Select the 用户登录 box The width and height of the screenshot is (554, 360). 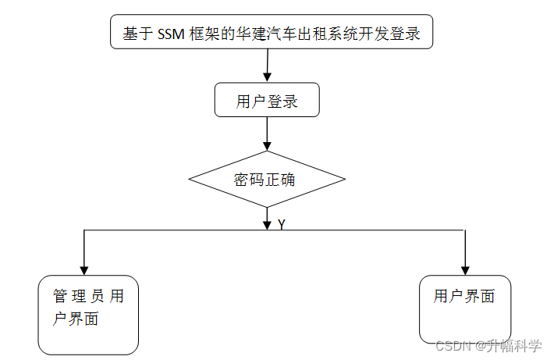click(267, 100)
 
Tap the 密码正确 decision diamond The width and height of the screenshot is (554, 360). click(267, 179)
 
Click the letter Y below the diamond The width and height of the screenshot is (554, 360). click(281, 224)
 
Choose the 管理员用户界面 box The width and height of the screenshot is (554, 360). click(88, 315)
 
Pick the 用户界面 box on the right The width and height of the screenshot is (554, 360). click(465, 309)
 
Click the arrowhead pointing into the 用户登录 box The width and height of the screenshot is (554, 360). click(267, 77)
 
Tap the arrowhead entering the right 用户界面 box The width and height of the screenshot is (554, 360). click(465, 269)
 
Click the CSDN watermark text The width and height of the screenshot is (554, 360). click(453, 346)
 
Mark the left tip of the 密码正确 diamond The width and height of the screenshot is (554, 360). click(190, 179)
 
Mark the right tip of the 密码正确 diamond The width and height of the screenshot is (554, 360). click(345, 179)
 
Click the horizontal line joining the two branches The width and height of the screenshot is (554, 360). click(179, 230)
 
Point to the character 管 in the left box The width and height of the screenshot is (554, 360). click(60, 297)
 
